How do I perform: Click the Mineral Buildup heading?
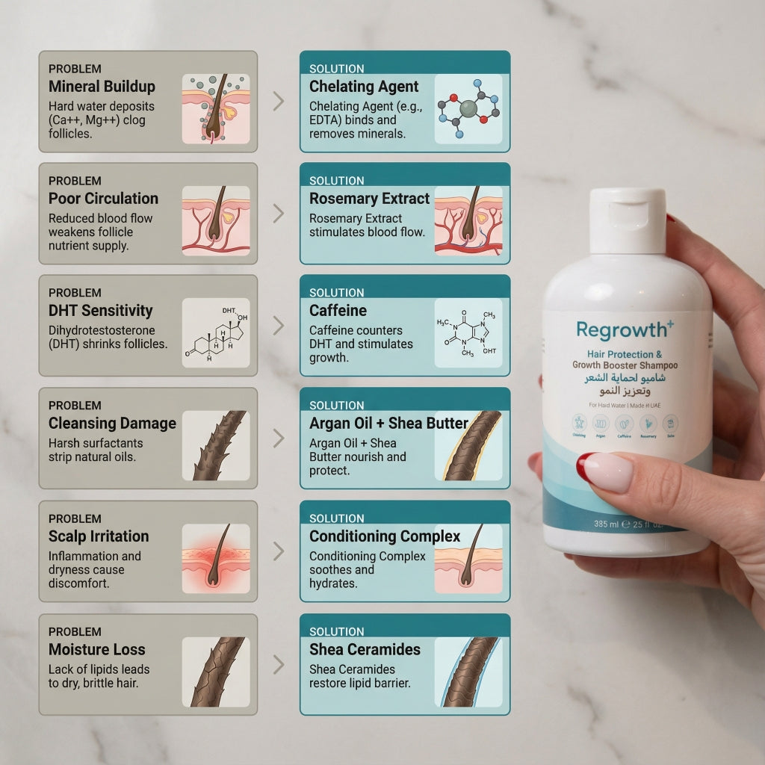[x=102, y=86]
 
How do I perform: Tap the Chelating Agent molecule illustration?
[x=468, y=109]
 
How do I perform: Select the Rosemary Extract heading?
[x=369, y=199]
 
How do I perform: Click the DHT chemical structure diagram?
[x=216, y=333]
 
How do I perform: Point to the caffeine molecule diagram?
[x=468, y=333]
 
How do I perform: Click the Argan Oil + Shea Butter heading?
[x=388, y=424]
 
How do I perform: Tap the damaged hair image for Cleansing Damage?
[x=216, y=446]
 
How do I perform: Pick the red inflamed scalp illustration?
[x=216, y=559]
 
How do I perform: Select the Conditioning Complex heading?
[x=385, y=536]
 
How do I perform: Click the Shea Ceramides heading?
[x=365, y=650]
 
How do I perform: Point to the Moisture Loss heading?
[x=97, y=650]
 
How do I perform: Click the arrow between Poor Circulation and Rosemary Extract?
[x=279, y=214]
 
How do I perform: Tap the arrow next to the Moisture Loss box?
[x=279, y=664]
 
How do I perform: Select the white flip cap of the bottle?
[x=628, y=220]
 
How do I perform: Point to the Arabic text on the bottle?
[x=624, y=385]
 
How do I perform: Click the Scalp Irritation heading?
[x=99, y=536]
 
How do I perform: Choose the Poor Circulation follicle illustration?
[x=216, y=221]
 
